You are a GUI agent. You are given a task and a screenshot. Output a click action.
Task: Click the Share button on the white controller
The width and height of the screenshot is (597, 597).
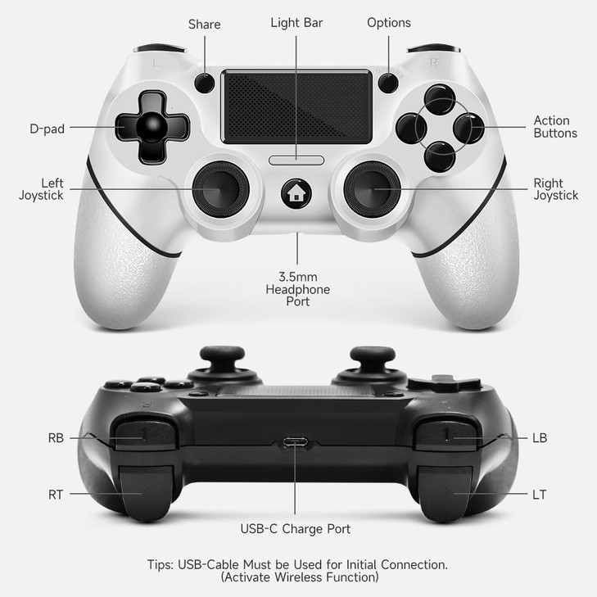point(204,82)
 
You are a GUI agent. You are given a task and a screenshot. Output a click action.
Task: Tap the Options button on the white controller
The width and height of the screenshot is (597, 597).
point(388,82)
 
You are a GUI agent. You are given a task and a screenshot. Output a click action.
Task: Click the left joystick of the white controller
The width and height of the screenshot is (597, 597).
point(220,188)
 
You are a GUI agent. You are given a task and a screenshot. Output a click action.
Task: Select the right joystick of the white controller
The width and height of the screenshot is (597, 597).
point(372,188)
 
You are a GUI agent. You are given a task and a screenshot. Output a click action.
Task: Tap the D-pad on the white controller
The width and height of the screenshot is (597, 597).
point(152,128)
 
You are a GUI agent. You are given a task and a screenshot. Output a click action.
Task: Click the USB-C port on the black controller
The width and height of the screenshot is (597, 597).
point(296,443)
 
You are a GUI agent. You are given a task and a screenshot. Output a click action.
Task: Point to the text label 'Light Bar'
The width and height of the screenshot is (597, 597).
point(296,22)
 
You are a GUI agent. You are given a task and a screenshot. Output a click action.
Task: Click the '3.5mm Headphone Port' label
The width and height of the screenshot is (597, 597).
point(298,289)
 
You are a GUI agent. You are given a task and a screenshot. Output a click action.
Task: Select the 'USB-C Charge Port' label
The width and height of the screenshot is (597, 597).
point(296,529)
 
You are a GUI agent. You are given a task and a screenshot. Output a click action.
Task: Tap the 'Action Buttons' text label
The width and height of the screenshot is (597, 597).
point(555,127)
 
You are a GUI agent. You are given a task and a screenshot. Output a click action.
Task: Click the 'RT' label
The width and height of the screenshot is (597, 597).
point(56,495)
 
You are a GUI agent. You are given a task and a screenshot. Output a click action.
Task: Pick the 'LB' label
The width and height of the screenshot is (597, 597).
point(539,438)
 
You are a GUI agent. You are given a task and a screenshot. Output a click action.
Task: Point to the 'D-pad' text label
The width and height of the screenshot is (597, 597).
point(47,128)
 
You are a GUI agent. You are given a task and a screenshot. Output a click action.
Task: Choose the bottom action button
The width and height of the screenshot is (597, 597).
point(440,155)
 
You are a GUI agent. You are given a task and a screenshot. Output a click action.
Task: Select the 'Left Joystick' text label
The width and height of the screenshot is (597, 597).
point(41,189)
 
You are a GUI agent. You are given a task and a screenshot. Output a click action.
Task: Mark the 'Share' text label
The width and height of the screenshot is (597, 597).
point(204,24)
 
